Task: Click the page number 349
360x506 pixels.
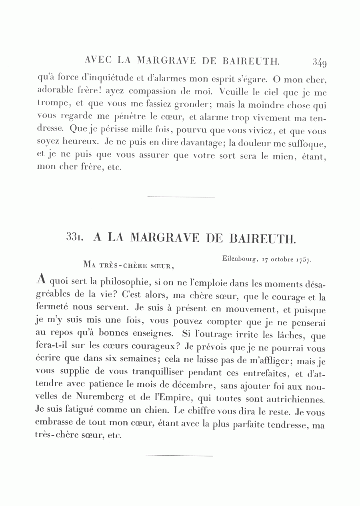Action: (x=320, y=62)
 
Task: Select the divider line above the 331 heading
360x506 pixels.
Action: (x=181, y=197)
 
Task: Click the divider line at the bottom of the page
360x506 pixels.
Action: (x=179, y=455)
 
